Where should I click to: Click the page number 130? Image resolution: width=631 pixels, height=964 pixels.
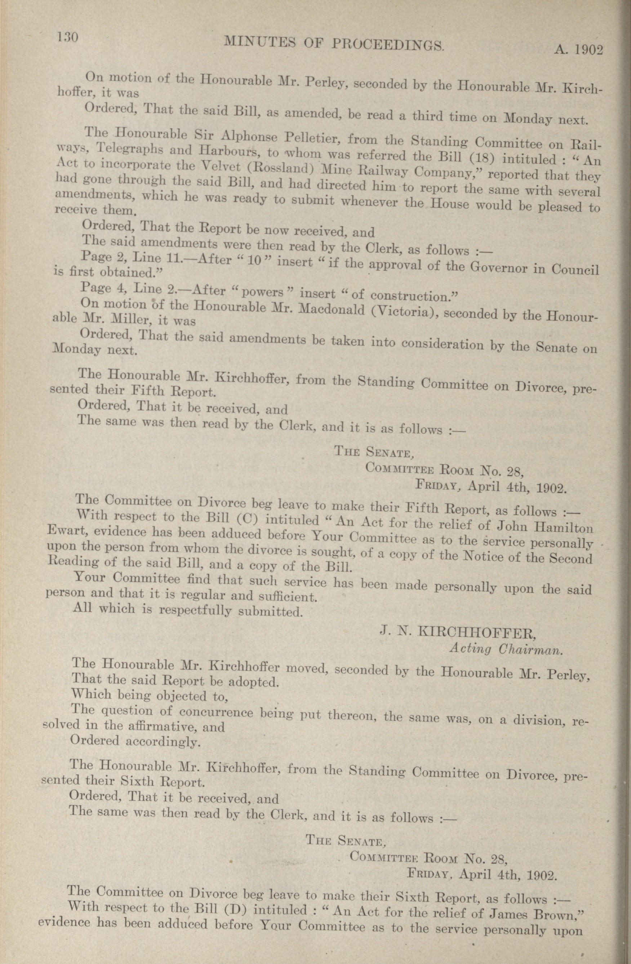tap(68, 37)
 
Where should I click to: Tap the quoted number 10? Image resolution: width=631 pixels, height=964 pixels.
tap(254, 261)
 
